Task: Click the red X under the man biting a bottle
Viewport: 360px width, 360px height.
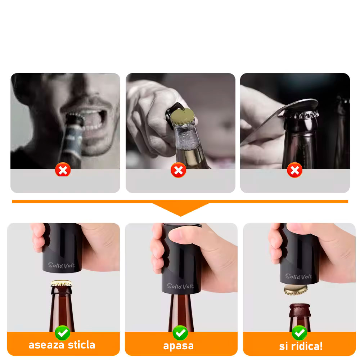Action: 63,170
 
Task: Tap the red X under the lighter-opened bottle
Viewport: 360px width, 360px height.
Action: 179,170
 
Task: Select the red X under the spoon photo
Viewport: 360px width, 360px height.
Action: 295,170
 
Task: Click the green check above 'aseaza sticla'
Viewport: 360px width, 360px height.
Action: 62,333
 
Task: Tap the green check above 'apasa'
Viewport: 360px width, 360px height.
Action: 180,333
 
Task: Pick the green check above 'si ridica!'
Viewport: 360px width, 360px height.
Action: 300,333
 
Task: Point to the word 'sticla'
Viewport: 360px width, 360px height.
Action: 81,345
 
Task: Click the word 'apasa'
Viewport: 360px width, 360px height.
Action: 179,346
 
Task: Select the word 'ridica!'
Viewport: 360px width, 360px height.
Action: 307,346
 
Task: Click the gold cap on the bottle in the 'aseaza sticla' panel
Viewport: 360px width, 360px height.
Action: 61,283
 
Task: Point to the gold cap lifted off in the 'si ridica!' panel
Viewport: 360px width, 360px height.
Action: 296,290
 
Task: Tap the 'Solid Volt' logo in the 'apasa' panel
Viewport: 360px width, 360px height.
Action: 180,286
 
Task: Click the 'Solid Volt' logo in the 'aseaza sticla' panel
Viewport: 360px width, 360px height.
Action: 61,265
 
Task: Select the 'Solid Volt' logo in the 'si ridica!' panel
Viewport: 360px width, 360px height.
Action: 299,276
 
